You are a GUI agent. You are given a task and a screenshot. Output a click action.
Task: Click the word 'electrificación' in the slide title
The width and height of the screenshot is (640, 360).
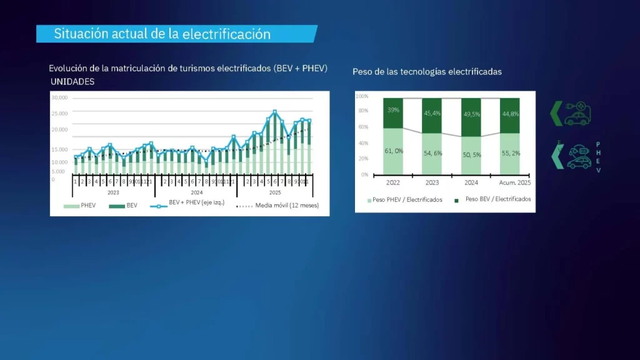(x=226, y=34)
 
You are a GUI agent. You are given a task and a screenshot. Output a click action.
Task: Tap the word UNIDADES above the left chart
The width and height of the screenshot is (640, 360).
(x=72, y=82)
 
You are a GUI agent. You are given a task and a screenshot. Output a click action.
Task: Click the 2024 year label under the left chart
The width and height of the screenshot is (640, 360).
(x=197, y=192)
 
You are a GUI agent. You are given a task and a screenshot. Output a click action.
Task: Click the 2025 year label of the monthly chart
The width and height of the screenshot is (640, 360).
(x=275, y=192)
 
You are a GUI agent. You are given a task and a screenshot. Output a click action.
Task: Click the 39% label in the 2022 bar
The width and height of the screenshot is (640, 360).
(x=394, y=110)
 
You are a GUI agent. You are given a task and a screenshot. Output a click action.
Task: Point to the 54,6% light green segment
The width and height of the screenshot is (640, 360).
(x=432, y=154)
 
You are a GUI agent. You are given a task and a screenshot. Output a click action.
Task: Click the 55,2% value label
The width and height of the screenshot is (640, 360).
(x=511, y=153)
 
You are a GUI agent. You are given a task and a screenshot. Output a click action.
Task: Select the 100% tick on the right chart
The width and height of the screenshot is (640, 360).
(x=362, y=97)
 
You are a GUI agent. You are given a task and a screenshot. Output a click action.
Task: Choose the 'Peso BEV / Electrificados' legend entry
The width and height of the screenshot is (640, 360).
(x=497, y=199)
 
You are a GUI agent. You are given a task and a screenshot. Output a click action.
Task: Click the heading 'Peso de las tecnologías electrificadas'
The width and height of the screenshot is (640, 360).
(x=427, y=72)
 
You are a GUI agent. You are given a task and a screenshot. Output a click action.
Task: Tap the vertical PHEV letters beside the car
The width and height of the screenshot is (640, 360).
(x=598, y=156)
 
